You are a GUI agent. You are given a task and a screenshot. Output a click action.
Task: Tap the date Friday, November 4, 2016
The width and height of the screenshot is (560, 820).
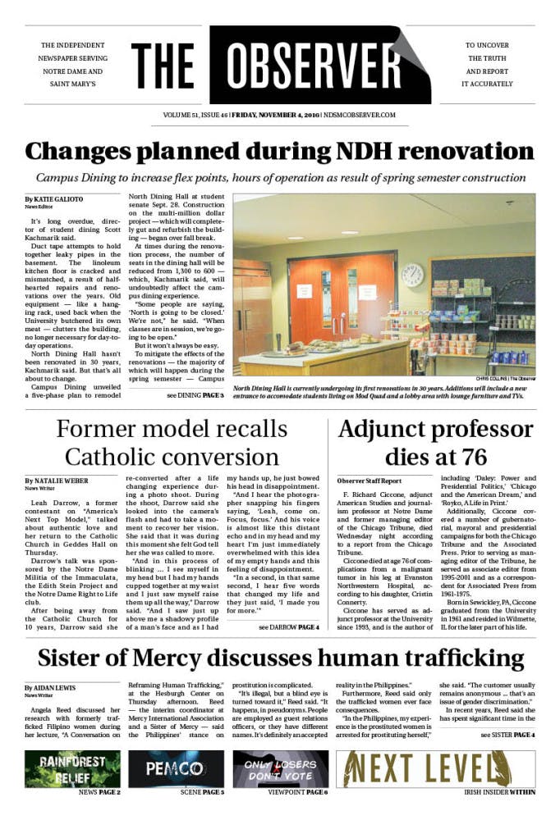pos(275,116)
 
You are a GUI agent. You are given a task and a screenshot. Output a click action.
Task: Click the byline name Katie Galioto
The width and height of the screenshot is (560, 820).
pos(53,199)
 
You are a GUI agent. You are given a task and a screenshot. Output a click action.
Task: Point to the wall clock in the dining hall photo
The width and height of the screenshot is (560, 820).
pos(412,275)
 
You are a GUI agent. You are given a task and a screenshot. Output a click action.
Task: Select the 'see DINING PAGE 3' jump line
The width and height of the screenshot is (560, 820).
pos(195,395)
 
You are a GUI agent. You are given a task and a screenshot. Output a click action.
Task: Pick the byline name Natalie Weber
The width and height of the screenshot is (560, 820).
pos(56,480)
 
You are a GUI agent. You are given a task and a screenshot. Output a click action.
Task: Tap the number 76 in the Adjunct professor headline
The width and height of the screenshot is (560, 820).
pos(470,455)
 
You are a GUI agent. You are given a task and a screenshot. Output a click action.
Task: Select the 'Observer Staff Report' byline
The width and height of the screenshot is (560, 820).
pos(370,480)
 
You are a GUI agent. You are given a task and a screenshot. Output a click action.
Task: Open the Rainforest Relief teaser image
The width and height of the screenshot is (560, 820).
pos(72,768)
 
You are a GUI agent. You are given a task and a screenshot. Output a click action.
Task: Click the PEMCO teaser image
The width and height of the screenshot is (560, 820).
pos(175,768)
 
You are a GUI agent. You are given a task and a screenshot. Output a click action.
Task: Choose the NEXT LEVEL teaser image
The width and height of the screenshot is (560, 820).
pos(435,768)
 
